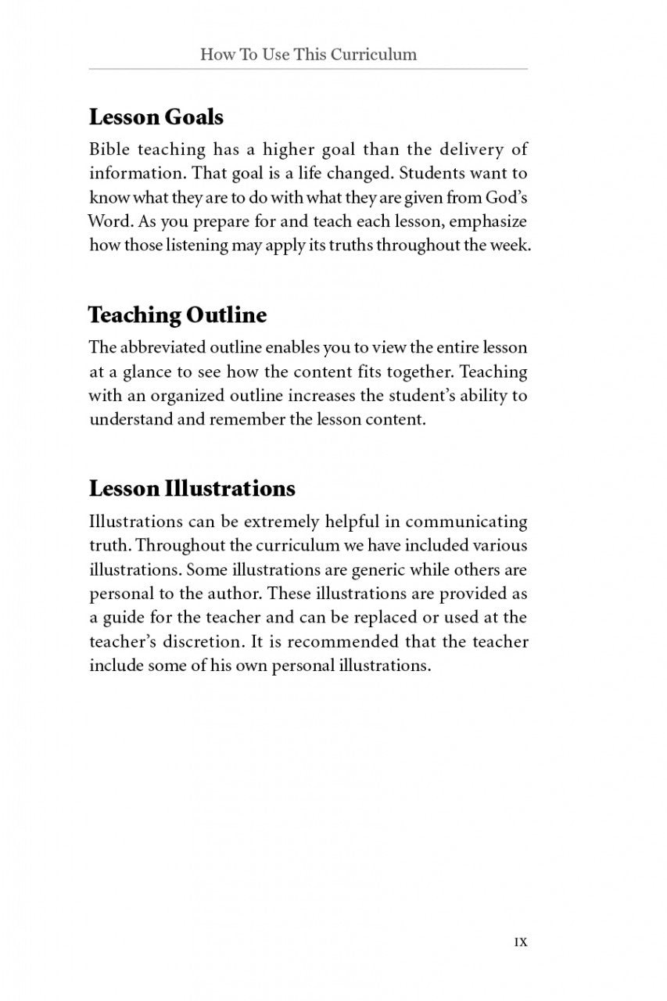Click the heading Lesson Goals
(x=156, y=117)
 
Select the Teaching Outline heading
(x=177, y=315)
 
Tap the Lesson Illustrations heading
(x=192, y=489)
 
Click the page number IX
(x=520, y=942)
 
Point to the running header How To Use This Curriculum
(x=308, y=54)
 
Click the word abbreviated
(x=163, y=347)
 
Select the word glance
(x=149, y=371)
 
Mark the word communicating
(x=466, y=522)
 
